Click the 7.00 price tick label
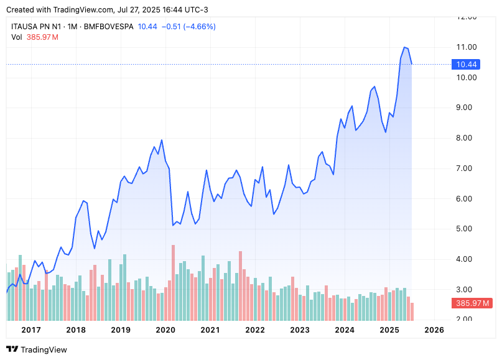[x=467, y=168]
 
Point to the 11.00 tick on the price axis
[x=467, y=47]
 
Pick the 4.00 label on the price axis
[x=467, y=259]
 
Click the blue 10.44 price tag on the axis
[x=467, y=64]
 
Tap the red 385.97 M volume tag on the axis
[x=472, y=303]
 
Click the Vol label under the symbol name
[x=17, y=37]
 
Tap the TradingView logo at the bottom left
[x=37, y=349]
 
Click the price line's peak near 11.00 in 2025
[x=404, y=47]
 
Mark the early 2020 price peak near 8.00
[x=162, y=140]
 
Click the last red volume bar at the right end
[x=411, y=311]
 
